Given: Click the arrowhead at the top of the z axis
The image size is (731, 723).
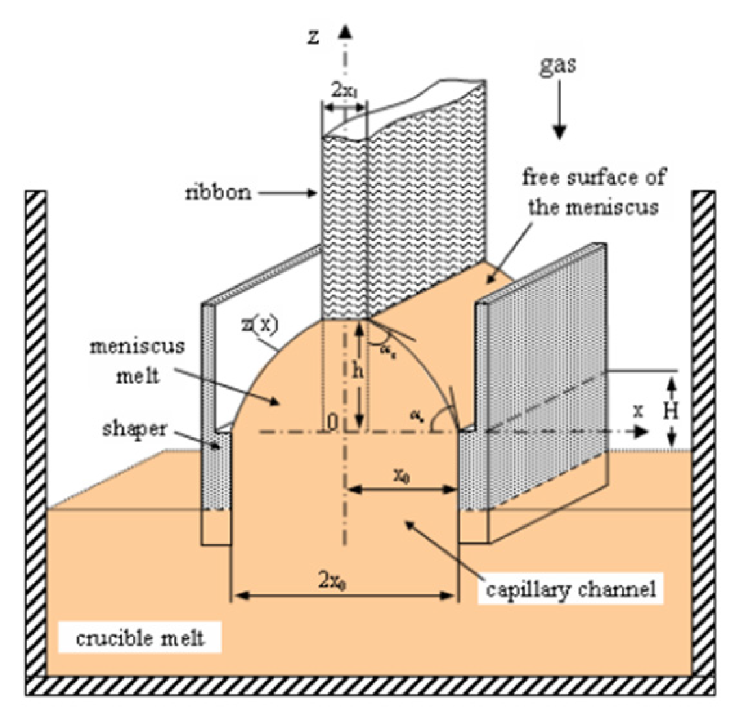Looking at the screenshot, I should click(346, 31).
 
